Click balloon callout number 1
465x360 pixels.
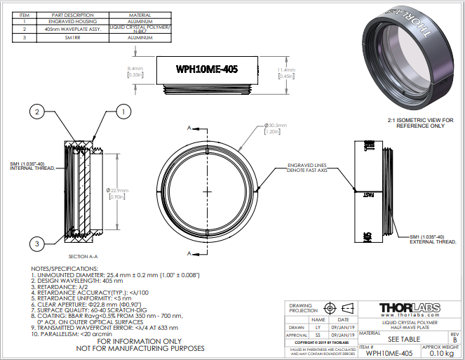123,112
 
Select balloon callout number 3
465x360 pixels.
37,243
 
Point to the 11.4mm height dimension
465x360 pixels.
285,73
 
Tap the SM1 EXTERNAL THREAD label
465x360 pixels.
431,239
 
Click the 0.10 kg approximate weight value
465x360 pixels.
440,353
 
